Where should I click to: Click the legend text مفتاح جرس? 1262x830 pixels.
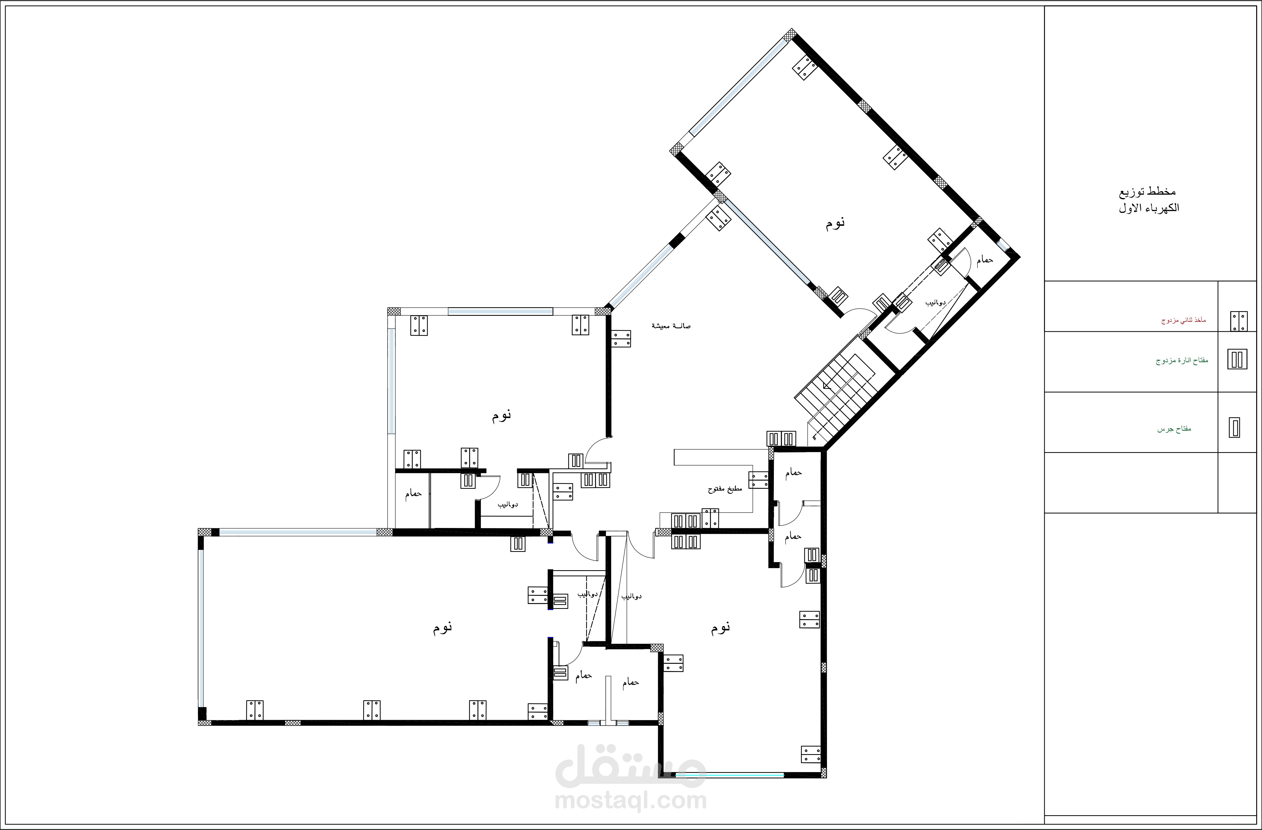[x=1174, y=428]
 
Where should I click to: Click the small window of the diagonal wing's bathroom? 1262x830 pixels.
[x=1003, y=245]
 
